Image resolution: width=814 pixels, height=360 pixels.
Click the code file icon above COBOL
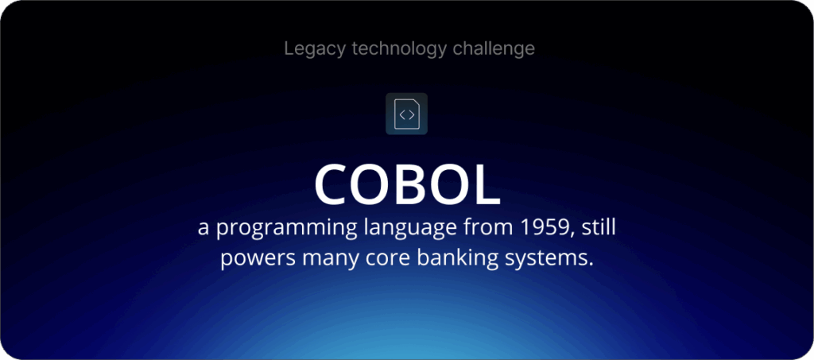[406, 114]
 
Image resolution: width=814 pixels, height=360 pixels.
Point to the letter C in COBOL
[334, 184]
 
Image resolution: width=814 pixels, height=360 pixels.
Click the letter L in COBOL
[485, 184]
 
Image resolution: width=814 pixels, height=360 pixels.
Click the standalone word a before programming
[203, 229]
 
